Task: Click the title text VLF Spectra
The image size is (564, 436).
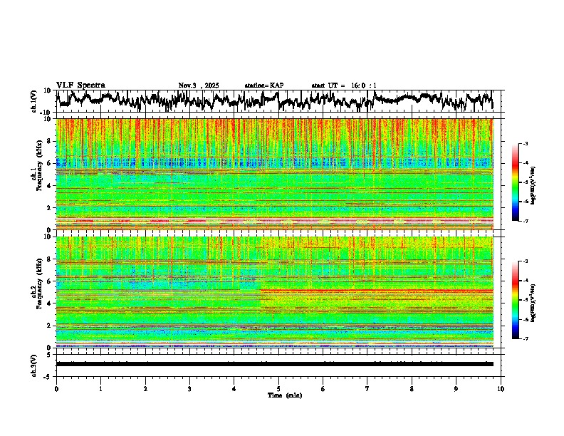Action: (80, 85)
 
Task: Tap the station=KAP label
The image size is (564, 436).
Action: (264, 85)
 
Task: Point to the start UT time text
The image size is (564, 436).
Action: (344, 85)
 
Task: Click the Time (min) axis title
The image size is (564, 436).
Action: (284, 395)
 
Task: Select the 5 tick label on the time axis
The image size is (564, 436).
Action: (278, 388)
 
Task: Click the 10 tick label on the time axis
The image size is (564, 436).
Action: (501, 388)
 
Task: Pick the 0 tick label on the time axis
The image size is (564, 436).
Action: (56, 388)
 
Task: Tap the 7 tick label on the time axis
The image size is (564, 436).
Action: (367, 388)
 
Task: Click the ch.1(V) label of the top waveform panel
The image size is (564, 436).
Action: (34, 101)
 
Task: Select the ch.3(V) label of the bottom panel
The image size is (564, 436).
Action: (34, 363)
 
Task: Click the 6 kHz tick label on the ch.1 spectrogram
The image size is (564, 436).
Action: (48, 164)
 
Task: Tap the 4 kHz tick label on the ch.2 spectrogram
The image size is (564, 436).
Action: (48, 303)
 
